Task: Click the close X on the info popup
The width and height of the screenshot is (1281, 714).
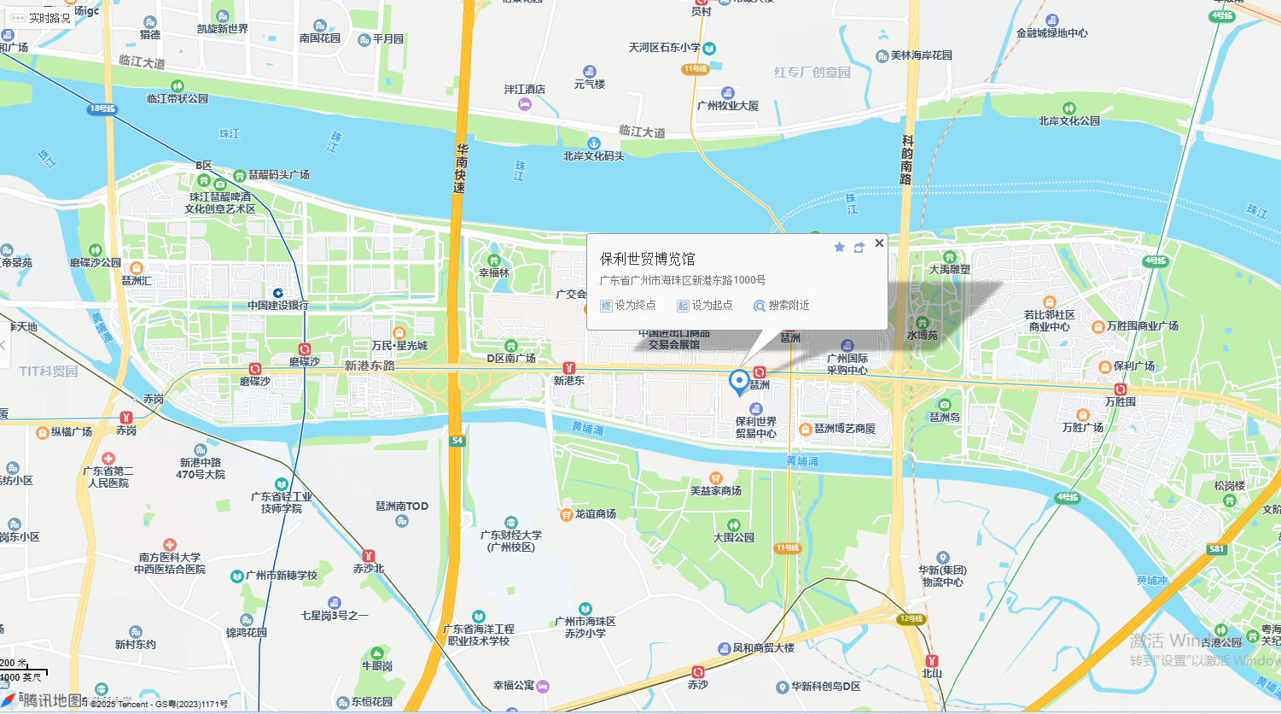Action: [879, 243]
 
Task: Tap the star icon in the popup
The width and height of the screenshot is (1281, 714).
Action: [839, 247]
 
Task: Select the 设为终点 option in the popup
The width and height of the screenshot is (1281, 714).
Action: [629, 306]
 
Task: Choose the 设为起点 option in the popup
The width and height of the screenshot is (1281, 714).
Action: [705, 306]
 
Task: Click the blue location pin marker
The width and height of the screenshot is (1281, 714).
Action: [739, 382]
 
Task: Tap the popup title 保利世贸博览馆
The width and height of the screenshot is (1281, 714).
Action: [647, 259]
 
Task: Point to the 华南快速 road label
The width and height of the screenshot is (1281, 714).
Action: [461, 168]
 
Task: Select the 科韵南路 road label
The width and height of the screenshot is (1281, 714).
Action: [907, 160]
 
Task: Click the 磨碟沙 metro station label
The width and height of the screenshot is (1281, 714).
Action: [304, 361]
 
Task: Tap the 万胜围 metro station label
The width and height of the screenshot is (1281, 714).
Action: [1121, 401]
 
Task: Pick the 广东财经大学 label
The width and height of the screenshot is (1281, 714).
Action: [511, 541]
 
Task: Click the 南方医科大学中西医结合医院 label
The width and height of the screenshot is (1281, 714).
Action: [170, 563]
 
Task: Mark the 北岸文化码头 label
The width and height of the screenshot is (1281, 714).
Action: [594, 156]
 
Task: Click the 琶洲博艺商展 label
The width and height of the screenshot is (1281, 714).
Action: [844, 429]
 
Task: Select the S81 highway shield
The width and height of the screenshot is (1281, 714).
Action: [1217, 549]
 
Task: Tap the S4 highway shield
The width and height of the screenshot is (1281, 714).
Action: [457, 441]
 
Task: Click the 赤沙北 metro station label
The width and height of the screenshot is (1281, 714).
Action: [369, 568]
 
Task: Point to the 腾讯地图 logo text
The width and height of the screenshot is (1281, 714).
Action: [51, 701]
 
